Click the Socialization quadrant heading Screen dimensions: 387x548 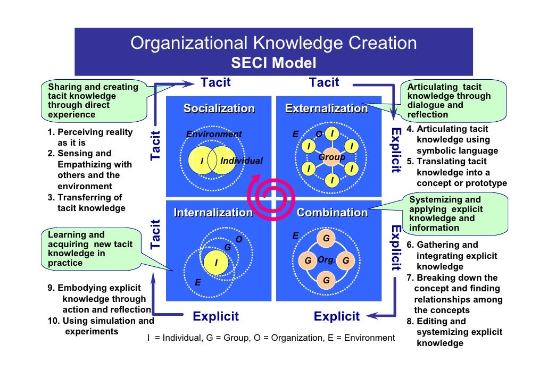pyautogui.click(x=219, y=109)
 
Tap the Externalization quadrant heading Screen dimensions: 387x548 pyautogui.click(x=326, y=109)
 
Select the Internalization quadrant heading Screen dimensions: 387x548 pyautogui.click(x=213, y=213)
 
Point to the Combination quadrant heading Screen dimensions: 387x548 pyautogui.click(x=332, y=213)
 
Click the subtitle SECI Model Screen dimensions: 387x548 pyautogui.click(x=273, y=64)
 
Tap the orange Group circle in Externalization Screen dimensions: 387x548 pyautogui.click(x=331, y=158)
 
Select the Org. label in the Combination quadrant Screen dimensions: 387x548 pyautogui.click(x=326, y=260)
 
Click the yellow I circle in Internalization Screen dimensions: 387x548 pyautogui.click(x=216, y=263)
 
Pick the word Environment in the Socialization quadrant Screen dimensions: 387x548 pyautogui.click(x=214, y=134)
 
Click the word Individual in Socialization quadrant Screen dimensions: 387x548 pyautogui.click(x=242, y=161)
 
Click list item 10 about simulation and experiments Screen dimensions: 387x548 pyautogui.click(x=101, y=326)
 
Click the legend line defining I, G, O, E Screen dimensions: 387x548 pyautogui.click(x=271, y=338)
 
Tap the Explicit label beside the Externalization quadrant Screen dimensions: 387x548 pyautogui.click(x=395, y=150)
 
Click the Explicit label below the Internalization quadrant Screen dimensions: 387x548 pyautogui.click(x=215, y=317)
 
